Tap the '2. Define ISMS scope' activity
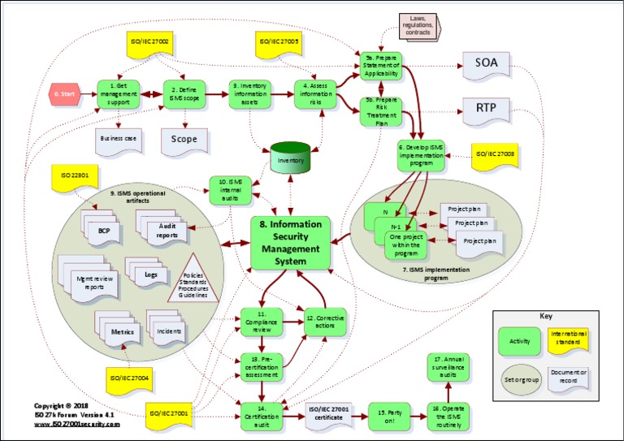(184, 93)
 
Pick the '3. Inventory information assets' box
(250, 93)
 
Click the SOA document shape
(487, 63)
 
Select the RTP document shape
(487, 109)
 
